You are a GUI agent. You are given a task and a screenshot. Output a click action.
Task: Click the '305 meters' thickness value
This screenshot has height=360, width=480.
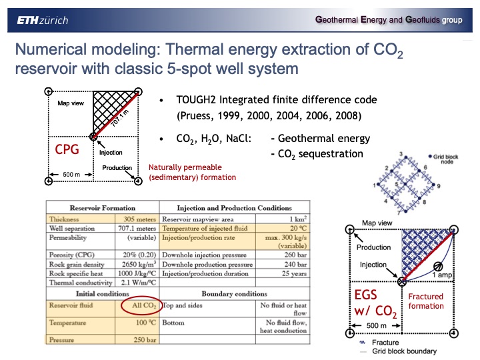pyautogui.click(x=139, y=218)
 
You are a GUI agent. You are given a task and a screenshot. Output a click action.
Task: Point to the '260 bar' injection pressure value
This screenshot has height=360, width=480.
pyautogui.click(x=294, y=254)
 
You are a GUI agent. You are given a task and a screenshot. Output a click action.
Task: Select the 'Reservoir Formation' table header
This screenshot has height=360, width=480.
pyautogui.click(x=100, y=208)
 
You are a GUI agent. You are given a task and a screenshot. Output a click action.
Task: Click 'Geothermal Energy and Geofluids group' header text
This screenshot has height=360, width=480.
pyautogui.click(x=389, y=20)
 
